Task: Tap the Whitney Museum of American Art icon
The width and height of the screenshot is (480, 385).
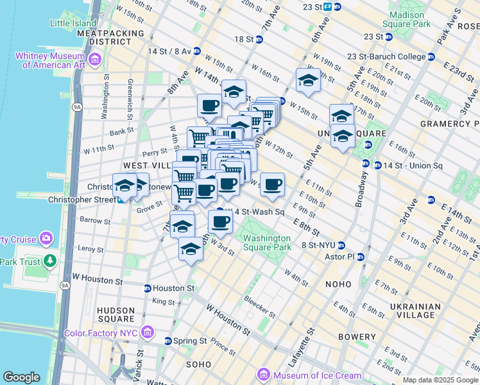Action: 95,60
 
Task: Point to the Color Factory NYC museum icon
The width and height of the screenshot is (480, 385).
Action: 148,333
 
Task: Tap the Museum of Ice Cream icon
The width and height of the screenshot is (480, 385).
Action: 263,375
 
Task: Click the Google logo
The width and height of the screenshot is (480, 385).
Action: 21,377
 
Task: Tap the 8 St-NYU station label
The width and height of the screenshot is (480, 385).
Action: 318,245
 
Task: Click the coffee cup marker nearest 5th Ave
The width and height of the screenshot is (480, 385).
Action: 272,184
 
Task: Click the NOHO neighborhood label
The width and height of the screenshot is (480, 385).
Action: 338,284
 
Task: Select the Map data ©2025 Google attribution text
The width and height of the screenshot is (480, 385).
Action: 440,380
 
